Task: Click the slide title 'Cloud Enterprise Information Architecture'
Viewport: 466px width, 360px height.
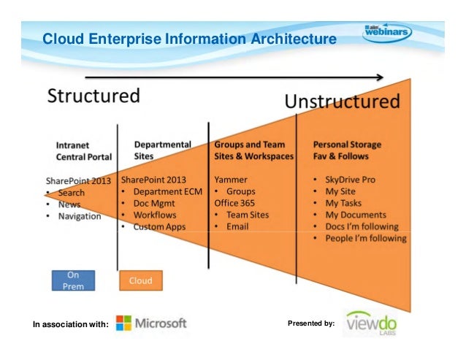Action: (189, 38)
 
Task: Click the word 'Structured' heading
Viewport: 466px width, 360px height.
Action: (93, 96)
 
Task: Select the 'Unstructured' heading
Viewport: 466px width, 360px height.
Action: (342, 101)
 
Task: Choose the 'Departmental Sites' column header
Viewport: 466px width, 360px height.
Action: (162, 150)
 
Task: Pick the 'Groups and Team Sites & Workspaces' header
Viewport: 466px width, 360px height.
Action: (253, 150)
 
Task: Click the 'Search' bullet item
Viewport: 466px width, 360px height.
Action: (71, 193)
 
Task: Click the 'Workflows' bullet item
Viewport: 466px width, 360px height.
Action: (156, 215)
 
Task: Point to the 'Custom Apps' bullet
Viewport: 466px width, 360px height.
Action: (159, 226)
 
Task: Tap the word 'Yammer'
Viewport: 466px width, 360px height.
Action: (231, 180)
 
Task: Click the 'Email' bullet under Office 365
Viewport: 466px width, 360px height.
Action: (237, 226)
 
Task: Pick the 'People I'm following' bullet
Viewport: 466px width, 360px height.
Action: (366, 238)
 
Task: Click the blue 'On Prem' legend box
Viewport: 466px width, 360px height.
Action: (73, 280)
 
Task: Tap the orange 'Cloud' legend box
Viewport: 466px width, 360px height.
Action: (140, 280)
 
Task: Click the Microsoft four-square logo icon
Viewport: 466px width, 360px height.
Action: (123, 323)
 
